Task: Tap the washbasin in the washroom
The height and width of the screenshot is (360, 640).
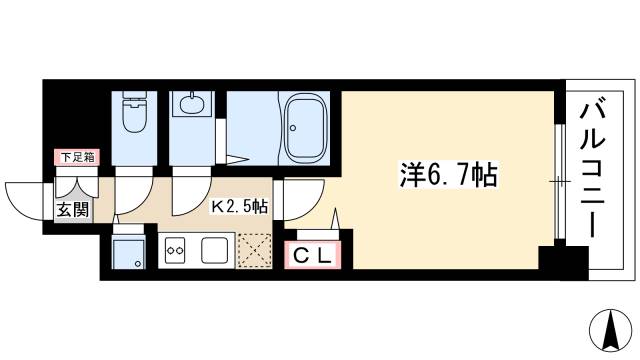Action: pos(189,104)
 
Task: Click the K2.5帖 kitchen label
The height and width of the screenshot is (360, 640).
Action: pos(238,207)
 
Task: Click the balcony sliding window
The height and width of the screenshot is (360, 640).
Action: pos(556,180)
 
